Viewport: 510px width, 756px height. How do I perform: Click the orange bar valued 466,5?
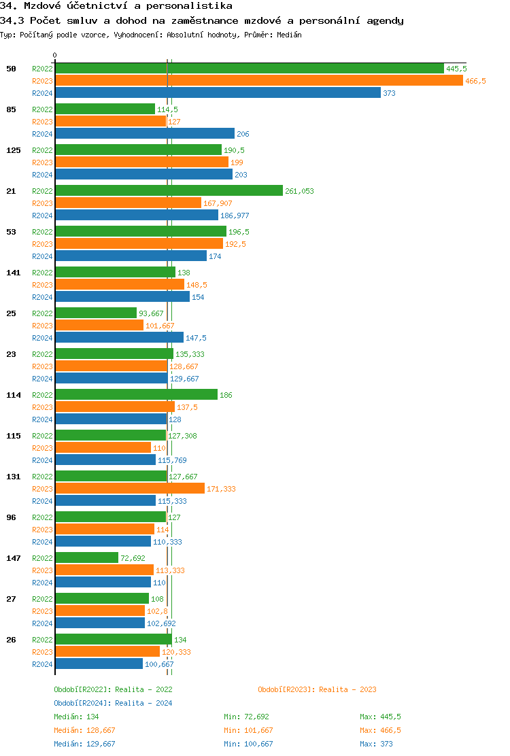point(258,81)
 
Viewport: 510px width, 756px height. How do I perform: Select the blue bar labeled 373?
point(218,93)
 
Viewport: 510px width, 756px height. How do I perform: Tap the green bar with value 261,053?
point(169,191)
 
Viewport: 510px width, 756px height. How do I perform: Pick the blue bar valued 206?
point(144,134)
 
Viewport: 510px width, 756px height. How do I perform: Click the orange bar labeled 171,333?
point(129,489)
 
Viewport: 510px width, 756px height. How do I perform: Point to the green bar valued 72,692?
point(86,558)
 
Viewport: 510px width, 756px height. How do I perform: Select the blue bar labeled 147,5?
point(119,338)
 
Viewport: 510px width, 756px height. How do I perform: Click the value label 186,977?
point(235,216)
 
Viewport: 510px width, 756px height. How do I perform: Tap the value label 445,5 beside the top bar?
point(456,69)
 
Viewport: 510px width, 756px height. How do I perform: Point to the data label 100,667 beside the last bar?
point(160,664)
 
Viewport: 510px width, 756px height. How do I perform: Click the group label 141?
point(13,273)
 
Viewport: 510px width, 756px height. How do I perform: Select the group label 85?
point(11,109)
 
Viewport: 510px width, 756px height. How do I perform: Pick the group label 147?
point(13,558)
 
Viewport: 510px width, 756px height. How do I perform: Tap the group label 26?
point(11,640)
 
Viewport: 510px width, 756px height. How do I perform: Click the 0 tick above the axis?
point(55,55)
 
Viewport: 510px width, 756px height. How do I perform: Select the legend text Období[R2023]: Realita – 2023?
point(317,689)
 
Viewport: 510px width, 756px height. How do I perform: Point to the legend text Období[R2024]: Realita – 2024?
point(113,703)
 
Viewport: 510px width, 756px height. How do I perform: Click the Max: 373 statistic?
point(377,744)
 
